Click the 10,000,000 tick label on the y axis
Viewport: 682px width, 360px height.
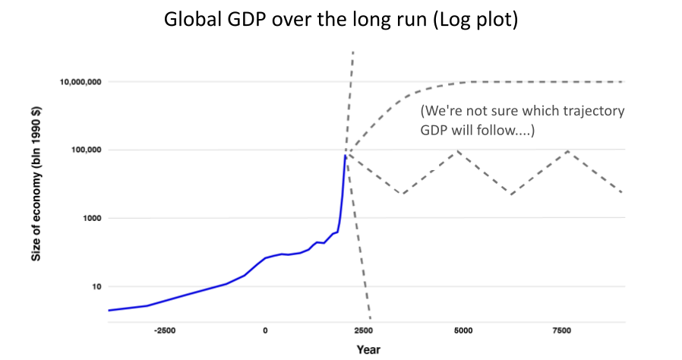pos(81,82)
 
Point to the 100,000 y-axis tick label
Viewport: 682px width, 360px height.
pos(86,150)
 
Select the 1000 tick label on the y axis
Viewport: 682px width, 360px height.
pos(90,219)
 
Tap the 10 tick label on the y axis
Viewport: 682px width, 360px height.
pos(95,287)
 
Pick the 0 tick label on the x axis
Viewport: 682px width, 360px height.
pos(265,331)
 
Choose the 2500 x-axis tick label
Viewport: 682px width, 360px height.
pos(365,331)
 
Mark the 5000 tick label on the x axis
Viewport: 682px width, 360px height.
pos(463,331)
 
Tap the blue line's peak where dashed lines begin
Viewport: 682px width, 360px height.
pos(346,154)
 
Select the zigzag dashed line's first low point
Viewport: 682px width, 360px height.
pos(403,194)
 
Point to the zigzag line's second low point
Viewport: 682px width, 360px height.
pos(513,194)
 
